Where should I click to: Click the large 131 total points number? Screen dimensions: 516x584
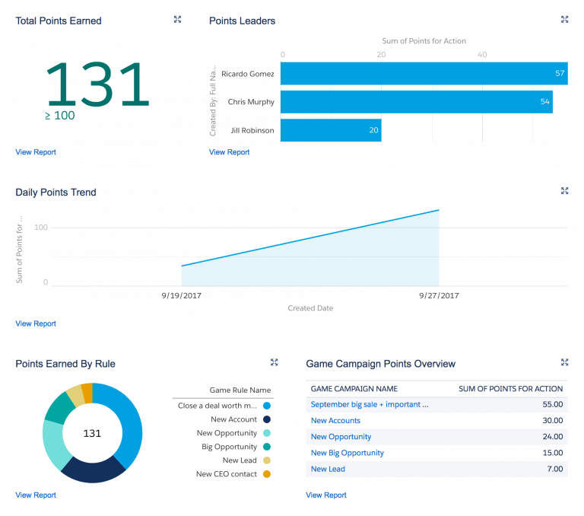[98, 84]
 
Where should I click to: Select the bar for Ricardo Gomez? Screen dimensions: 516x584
[424, 74]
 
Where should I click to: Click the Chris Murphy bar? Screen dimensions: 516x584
[416, 102]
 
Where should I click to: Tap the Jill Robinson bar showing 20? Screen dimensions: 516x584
[331, 130]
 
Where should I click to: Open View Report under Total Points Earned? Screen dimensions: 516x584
[36, 152]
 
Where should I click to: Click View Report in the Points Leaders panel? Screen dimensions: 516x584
[230, 152]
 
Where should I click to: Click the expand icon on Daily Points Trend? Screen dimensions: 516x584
[564, 191]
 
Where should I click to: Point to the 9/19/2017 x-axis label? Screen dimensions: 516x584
[182, 295]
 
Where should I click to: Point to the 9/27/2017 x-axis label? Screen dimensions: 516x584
[439, 295]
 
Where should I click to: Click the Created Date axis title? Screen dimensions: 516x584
[310, 308]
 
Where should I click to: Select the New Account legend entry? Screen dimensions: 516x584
[233, 419]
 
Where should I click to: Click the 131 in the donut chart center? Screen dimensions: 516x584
[92, 433]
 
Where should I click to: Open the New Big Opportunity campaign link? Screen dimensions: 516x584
[347, 453]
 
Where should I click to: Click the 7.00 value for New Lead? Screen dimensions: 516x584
[552, 469]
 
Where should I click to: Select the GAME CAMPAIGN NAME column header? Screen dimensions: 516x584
[354, 389]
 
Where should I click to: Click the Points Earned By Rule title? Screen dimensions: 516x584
[65, 364]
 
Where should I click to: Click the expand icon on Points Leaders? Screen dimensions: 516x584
[564, 20]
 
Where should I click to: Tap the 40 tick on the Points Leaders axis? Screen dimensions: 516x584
[482, 55]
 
